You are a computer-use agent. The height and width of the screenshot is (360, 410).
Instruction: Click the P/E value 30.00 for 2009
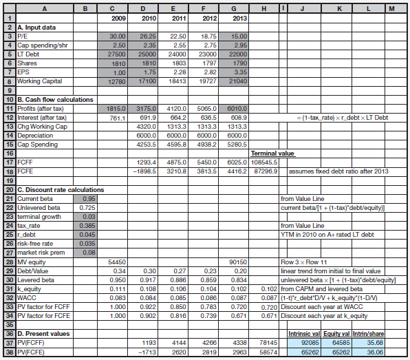(117, 36)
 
